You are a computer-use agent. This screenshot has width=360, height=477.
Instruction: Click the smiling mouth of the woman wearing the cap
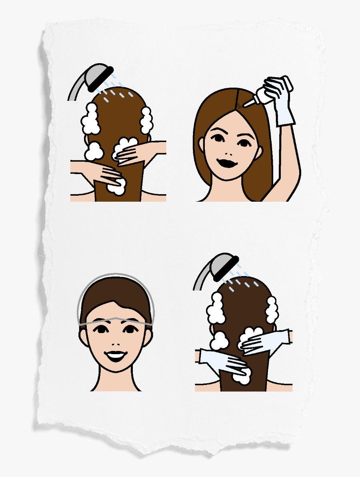coord(116,355)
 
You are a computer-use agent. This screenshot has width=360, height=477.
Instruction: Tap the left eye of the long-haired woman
coord(217,138)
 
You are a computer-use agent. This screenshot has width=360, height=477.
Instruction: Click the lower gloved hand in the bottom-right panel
coord(224,360)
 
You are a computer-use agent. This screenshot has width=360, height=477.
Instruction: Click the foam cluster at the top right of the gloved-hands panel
coord(272,310)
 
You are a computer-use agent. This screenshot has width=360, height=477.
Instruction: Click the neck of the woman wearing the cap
coord(116,380)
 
